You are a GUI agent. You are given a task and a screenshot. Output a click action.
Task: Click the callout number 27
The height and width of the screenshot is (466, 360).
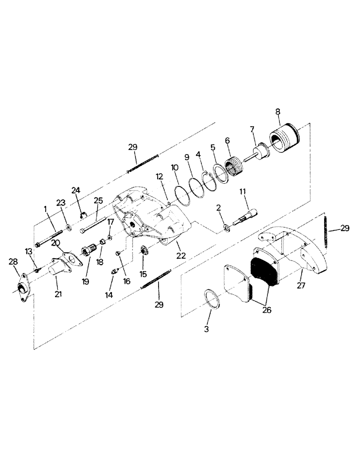click(x=301, y=285)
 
